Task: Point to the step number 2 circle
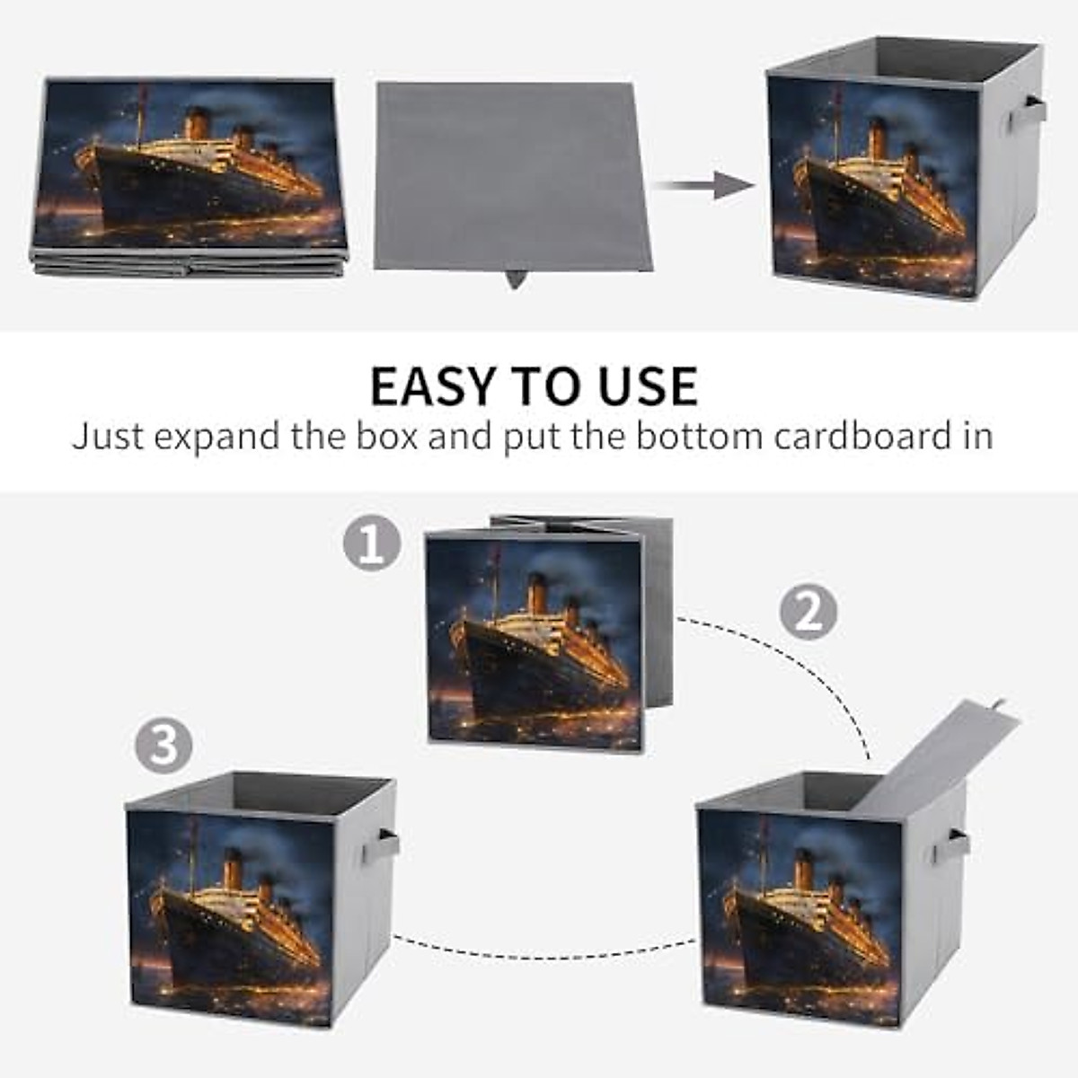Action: point(808,612)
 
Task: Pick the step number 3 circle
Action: point(163,745)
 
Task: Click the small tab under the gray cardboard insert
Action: point(516,278)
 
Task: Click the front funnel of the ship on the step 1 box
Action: point(536,594)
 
